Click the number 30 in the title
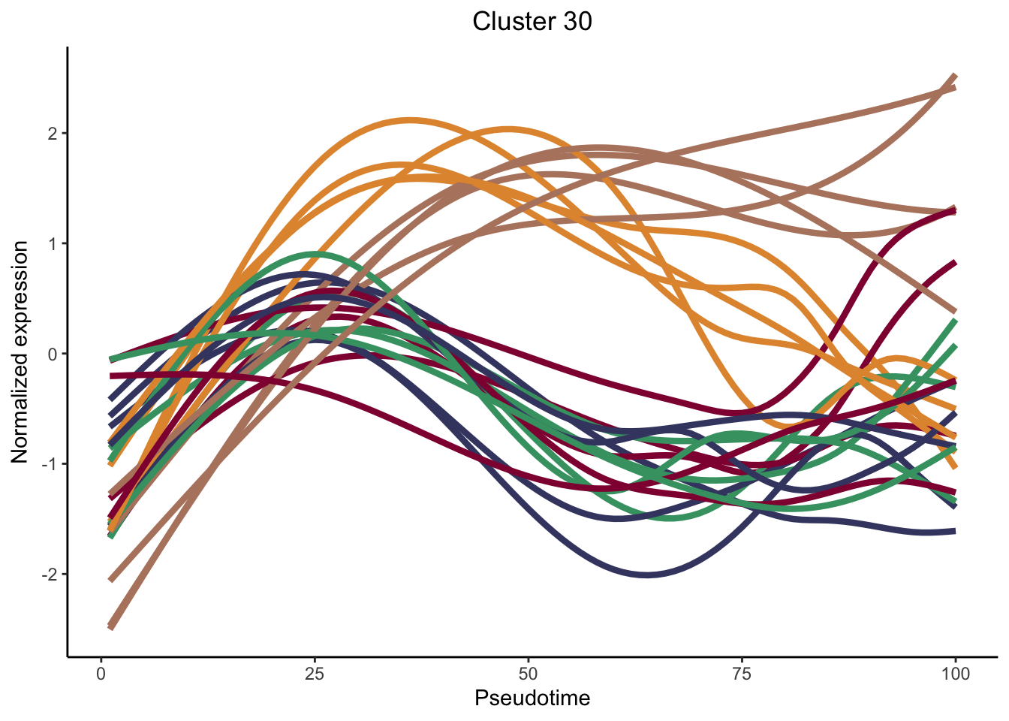pyautogui.click(x=575, y=21)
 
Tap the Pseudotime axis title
pyautogui.click(x=532, y=698)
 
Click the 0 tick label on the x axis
pyautogui.click(x=101, y=674)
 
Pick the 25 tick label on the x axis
pyautogui.click(x=315, y=674)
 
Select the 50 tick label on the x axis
pyautogui.click(x=529, y=674)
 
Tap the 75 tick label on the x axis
pyautogui.click(x=742, y=674)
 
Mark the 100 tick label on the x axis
pyautogui.click(x=955, y=674)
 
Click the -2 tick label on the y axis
pyautogui.click(x=50, y=575)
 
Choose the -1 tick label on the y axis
pyautogui.click(x=50, y=464)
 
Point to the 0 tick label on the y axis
pyautogui.click(x=53, y=354)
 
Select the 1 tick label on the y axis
pyautogui.click(x=53, y=243)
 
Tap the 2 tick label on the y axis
pyautogui.click(x=53, y=134)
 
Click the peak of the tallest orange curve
pyautogui.click(x=408, y=119)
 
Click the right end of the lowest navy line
pyautogui.click(x=954, y=531)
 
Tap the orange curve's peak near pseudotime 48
pyautogui.click(x=508, y=128)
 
